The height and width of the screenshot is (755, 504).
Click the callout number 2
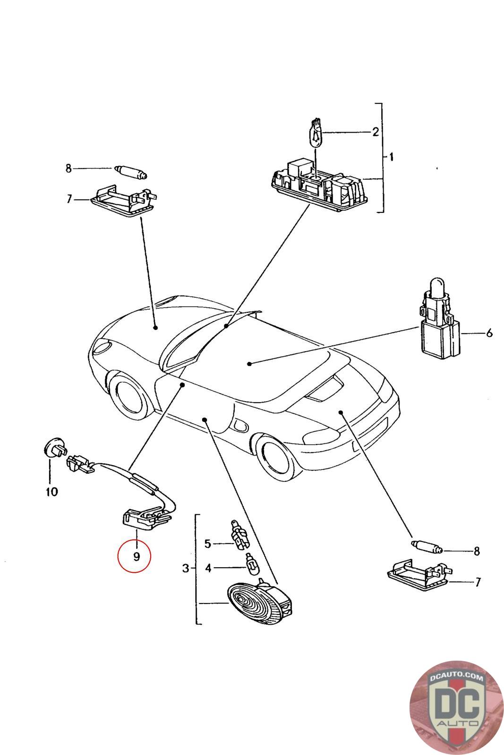click(x=375, y=132)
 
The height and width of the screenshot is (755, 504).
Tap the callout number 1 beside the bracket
click(x=391, y=157)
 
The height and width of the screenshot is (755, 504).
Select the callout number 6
click(x=489, y=334)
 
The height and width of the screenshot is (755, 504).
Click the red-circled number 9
click(x=136, y=557)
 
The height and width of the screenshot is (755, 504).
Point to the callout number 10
click(x=51, y=492)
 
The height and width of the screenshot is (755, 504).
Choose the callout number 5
click(x=207, y=544)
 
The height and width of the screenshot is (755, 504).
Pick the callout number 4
click(x=208, y=568)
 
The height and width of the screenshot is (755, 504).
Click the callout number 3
click(x=186, y=568)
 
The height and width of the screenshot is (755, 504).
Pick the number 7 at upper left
click(x=69, y=199)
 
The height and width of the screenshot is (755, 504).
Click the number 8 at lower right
click(x=477, y=551)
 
